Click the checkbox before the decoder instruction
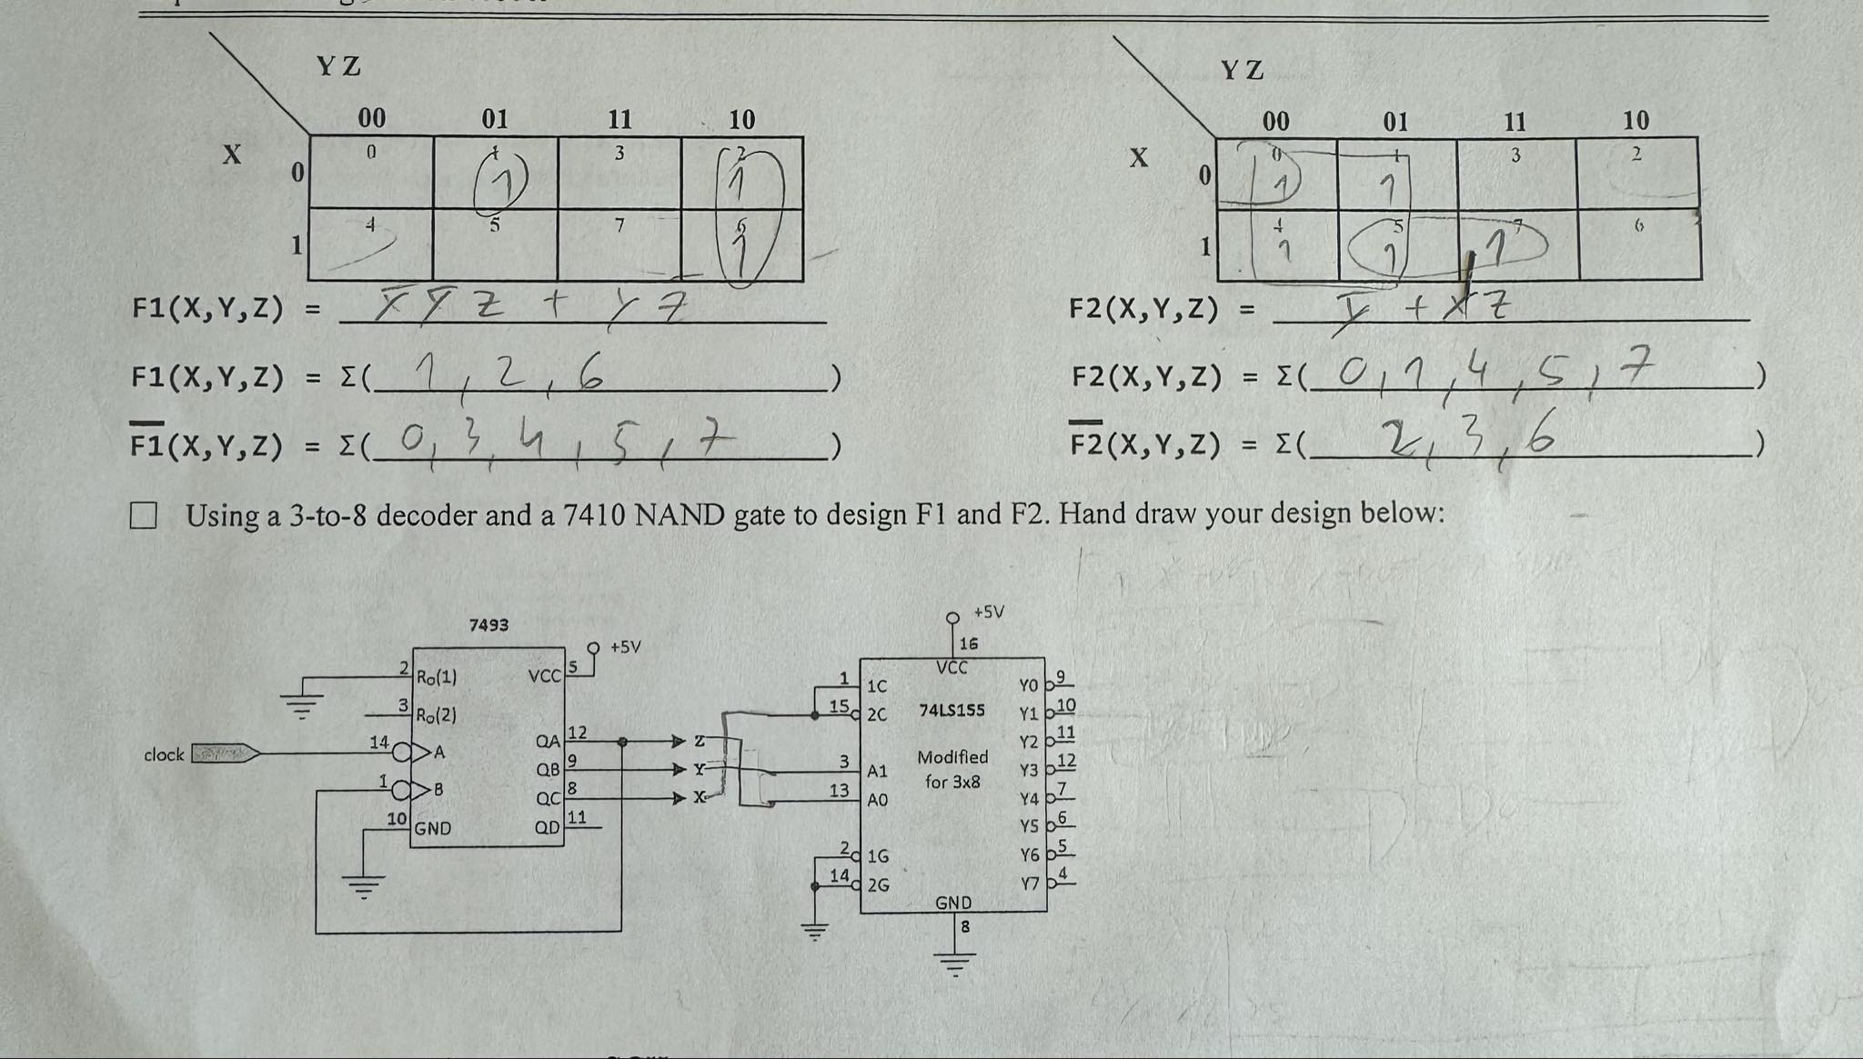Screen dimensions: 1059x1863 click(143, 516)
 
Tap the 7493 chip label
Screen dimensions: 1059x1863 click(488, 625)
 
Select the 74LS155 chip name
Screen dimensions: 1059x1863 click(952, 710)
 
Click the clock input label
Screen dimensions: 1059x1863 click(164, 754)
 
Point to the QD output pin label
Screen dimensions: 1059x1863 click(548, 828)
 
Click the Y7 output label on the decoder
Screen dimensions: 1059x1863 click(1029, 884)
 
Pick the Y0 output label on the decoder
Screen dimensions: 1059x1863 click(1029, 685)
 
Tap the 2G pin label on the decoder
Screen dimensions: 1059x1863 click(878, 884)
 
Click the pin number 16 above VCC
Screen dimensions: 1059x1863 click(969, 644)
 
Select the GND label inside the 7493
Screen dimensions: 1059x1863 click(433, 829)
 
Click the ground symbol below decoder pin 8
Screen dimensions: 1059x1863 click(954, 962)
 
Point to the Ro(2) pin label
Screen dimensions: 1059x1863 click(437, 715)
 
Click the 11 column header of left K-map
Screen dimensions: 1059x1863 click(619, 119)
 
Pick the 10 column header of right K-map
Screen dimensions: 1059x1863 click(1636, 120)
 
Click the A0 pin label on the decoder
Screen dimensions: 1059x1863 click(878, 800)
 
